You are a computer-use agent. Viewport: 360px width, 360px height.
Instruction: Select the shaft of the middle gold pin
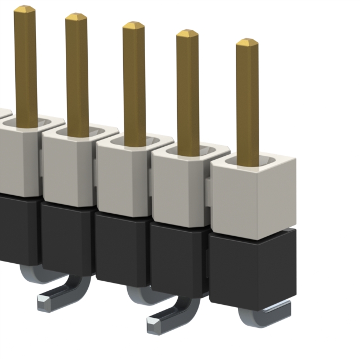[x=134, y=84]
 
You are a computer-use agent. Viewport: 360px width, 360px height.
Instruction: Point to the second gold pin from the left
[x=76, y=73]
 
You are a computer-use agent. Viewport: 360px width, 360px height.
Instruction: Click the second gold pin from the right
[x=187, y=90]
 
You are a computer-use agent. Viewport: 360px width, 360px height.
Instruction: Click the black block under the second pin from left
[x=66, y=236]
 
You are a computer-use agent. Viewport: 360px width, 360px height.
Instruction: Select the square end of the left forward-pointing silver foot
[x=44, y=303]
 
